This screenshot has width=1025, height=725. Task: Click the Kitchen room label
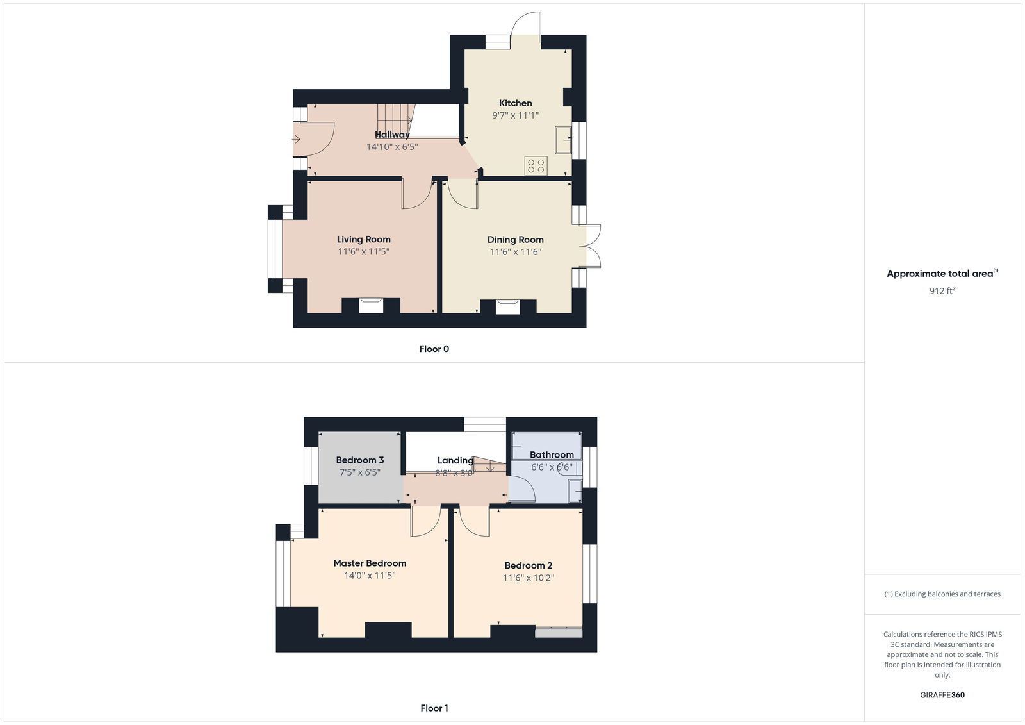[515, 103]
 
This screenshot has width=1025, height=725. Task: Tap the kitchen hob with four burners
[536, 166]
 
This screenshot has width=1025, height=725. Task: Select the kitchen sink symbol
[563, 140]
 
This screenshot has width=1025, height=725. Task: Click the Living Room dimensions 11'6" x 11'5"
[363, 252]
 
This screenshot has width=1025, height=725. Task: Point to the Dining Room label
[515, 240]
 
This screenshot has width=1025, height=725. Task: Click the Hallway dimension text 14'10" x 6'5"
[391, 147]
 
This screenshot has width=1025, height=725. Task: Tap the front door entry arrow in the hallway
[297, 139]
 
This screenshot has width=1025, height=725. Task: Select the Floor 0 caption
[434, 349]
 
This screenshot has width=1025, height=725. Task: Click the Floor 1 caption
[434, 708]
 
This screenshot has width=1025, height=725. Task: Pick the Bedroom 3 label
[359, 460]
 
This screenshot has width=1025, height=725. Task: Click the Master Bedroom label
[370, 563]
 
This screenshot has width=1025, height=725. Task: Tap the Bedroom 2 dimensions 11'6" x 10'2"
[528, 578]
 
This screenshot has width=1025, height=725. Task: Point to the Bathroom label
[551, 455]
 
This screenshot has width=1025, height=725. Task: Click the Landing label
[455, 461]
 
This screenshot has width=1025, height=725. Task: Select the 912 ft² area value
[942, 291]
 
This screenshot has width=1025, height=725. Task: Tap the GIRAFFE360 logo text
[942, 695]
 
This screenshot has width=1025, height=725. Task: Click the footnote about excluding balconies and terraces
[942, 594]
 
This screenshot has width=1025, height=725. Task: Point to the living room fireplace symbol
[370, 305]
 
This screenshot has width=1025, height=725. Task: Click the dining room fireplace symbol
[508, 306]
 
